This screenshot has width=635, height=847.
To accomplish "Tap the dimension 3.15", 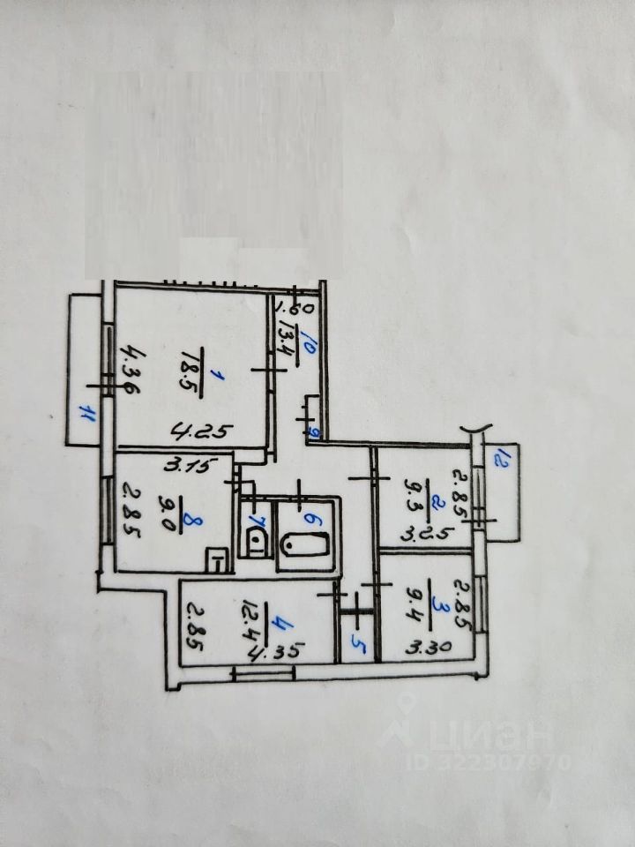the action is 189,467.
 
